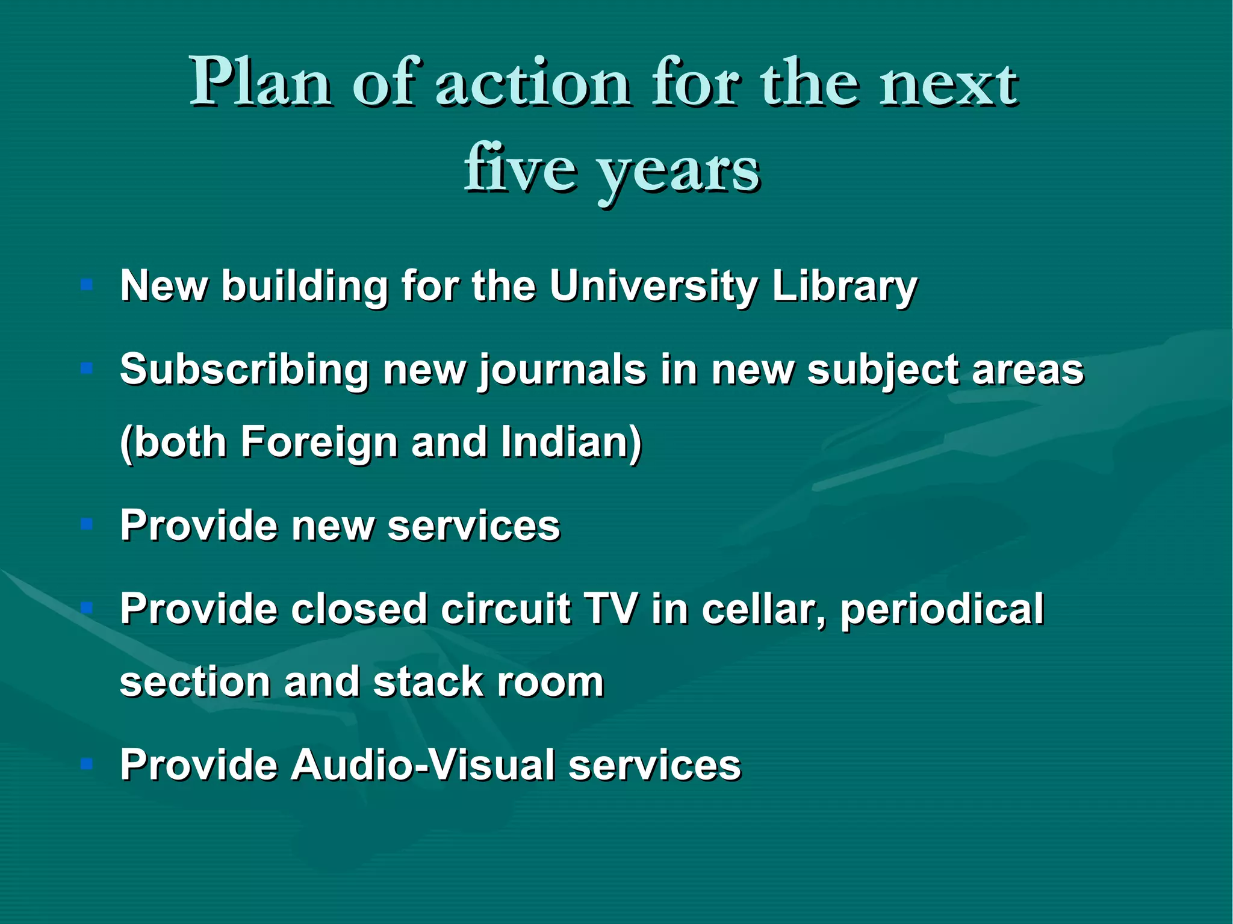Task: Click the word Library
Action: click(x=844, y=287)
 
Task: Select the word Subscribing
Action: click(x=244, y=370)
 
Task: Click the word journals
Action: click(x=562, y=370)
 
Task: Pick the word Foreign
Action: click(x=319, y=442)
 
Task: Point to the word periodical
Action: click(x=942, y=610)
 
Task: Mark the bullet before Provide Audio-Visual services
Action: click(x=87, y=764)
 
